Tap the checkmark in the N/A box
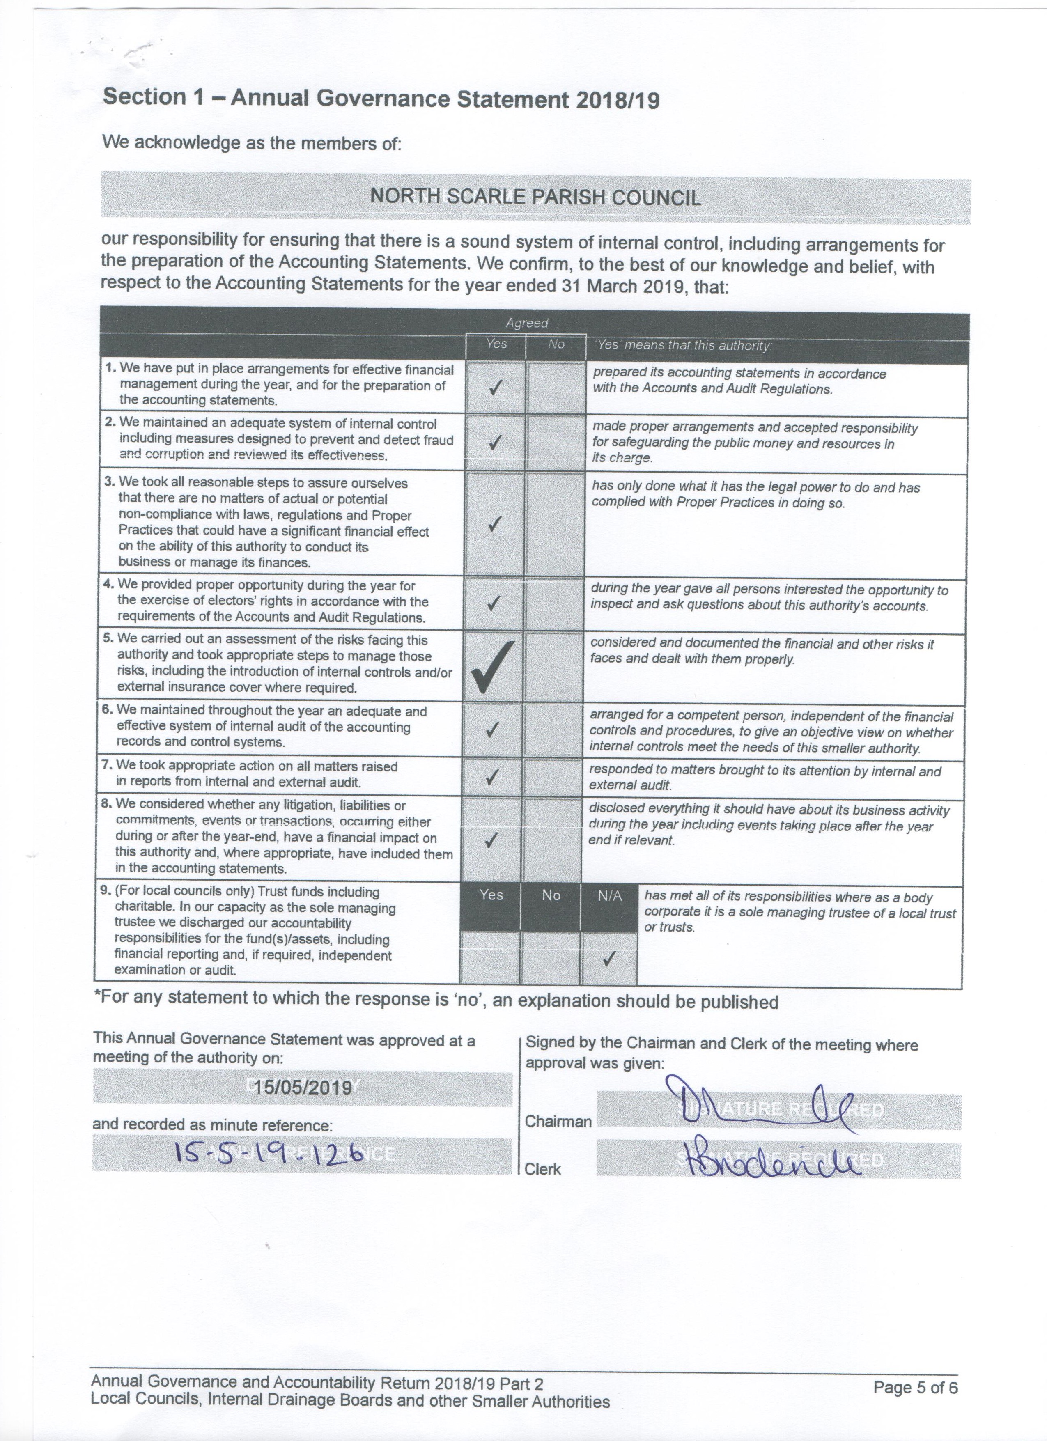(x=608, y=958)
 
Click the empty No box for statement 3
(x=556, y=523)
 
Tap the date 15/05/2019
(x=303, y=1087)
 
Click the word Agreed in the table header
(x=527, y=323)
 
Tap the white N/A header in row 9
(x=609, y=896)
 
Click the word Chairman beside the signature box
(x=558, y=1122)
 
